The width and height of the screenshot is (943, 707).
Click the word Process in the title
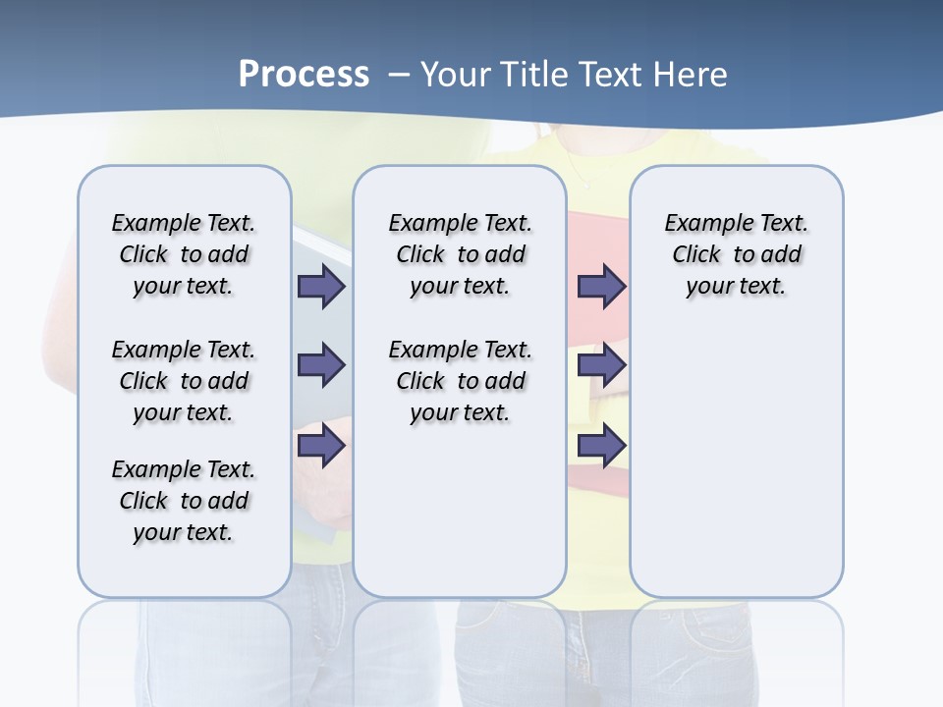point(304,75)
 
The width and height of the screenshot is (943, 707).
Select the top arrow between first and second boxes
point(321,286)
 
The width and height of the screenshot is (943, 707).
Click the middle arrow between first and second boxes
point(321,365)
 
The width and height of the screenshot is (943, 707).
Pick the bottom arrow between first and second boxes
point(321,445)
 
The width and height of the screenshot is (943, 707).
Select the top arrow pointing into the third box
point(601,286)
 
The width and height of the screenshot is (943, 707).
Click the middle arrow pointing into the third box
point(601,365)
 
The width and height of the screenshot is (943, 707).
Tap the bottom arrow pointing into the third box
point(601,445)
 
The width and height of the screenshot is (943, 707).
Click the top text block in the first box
point(184,254)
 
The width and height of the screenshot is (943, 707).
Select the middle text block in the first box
point(184,381)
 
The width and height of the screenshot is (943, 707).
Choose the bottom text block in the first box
point(184,501)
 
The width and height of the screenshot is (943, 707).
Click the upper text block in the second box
point(460,254)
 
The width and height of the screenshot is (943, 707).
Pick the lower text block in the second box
point(460,381)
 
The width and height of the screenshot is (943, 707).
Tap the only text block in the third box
point(736,254)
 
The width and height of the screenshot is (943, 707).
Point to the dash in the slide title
point(399,75)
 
